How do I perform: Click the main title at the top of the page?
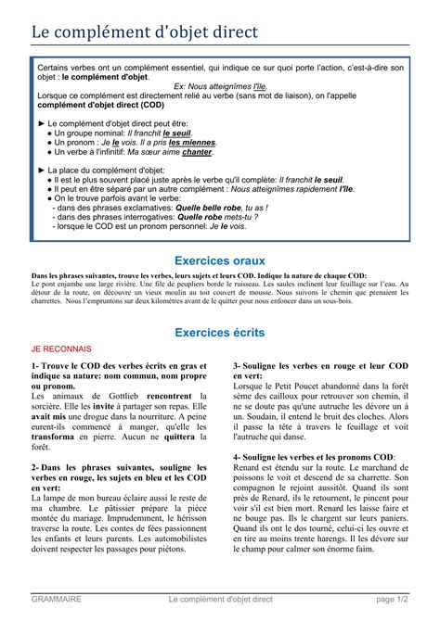click(146, 32)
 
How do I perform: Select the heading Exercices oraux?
click(220, 262)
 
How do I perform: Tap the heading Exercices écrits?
click(220, 332)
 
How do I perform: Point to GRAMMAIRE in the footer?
click(55, 600)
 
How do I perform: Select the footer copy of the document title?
click(221, 600)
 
